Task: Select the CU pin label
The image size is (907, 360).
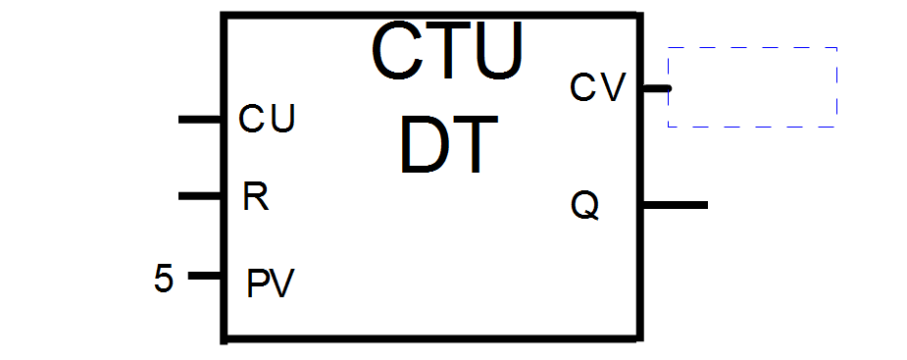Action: point(268,120)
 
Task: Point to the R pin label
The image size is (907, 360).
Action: point(255,197)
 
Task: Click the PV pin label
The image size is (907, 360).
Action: point(270,283)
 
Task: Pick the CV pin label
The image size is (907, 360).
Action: point(597,88)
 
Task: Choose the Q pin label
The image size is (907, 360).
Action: point(584,207)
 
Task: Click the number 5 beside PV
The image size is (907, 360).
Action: point(164,279)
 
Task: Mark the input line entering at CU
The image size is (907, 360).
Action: point(201,120)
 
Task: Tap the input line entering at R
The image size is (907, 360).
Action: point(201,197)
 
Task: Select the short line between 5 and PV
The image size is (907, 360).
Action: point(205,276)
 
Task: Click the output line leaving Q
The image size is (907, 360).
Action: point(675,205)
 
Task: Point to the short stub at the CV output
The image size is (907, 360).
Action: point(656,88)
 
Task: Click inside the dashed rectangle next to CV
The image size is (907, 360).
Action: point(752,86)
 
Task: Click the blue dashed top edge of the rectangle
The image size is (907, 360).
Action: point(752,47)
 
